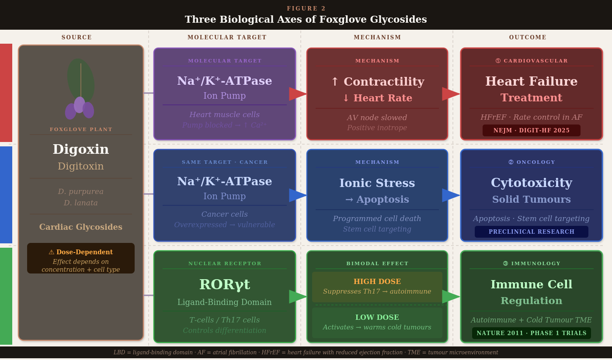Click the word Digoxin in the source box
[81, 149]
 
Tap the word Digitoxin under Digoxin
[81, 166]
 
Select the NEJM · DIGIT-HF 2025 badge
[532, 130]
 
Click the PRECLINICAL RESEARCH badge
[532, 232]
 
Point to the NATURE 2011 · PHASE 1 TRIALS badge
[532, 333]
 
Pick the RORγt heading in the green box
[225, 284]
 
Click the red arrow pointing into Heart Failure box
[451, 94]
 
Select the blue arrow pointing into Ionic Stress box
[298, 195]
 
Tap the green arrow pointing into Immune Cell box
[451, 297]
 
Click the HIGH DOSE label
[377, 282]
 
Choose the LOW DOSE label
[377, 318]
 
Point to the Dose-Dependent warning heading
[81, 252]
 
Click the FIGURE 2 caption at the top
[306, 8]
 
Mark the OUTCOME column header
[528, 38]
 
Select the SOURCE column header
[77, 38]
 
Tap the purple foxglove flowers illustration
[80, 108]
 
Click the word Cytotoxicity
[532, 183]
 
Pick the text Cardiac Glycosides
[81, 227]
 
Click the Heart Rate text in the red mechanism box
[382, 98]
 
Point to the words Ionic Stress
[377, 183]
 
